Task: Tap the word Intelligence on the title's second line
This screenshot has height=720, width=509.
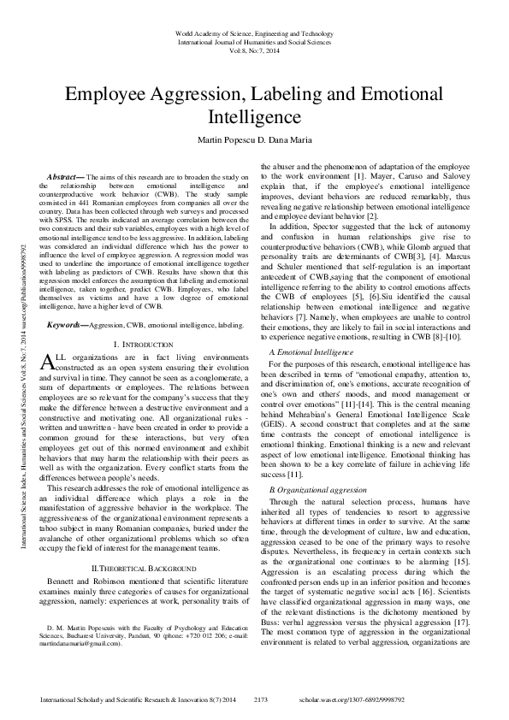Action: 254,116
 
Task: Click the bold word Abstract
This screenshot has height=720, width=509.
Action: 68,175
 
